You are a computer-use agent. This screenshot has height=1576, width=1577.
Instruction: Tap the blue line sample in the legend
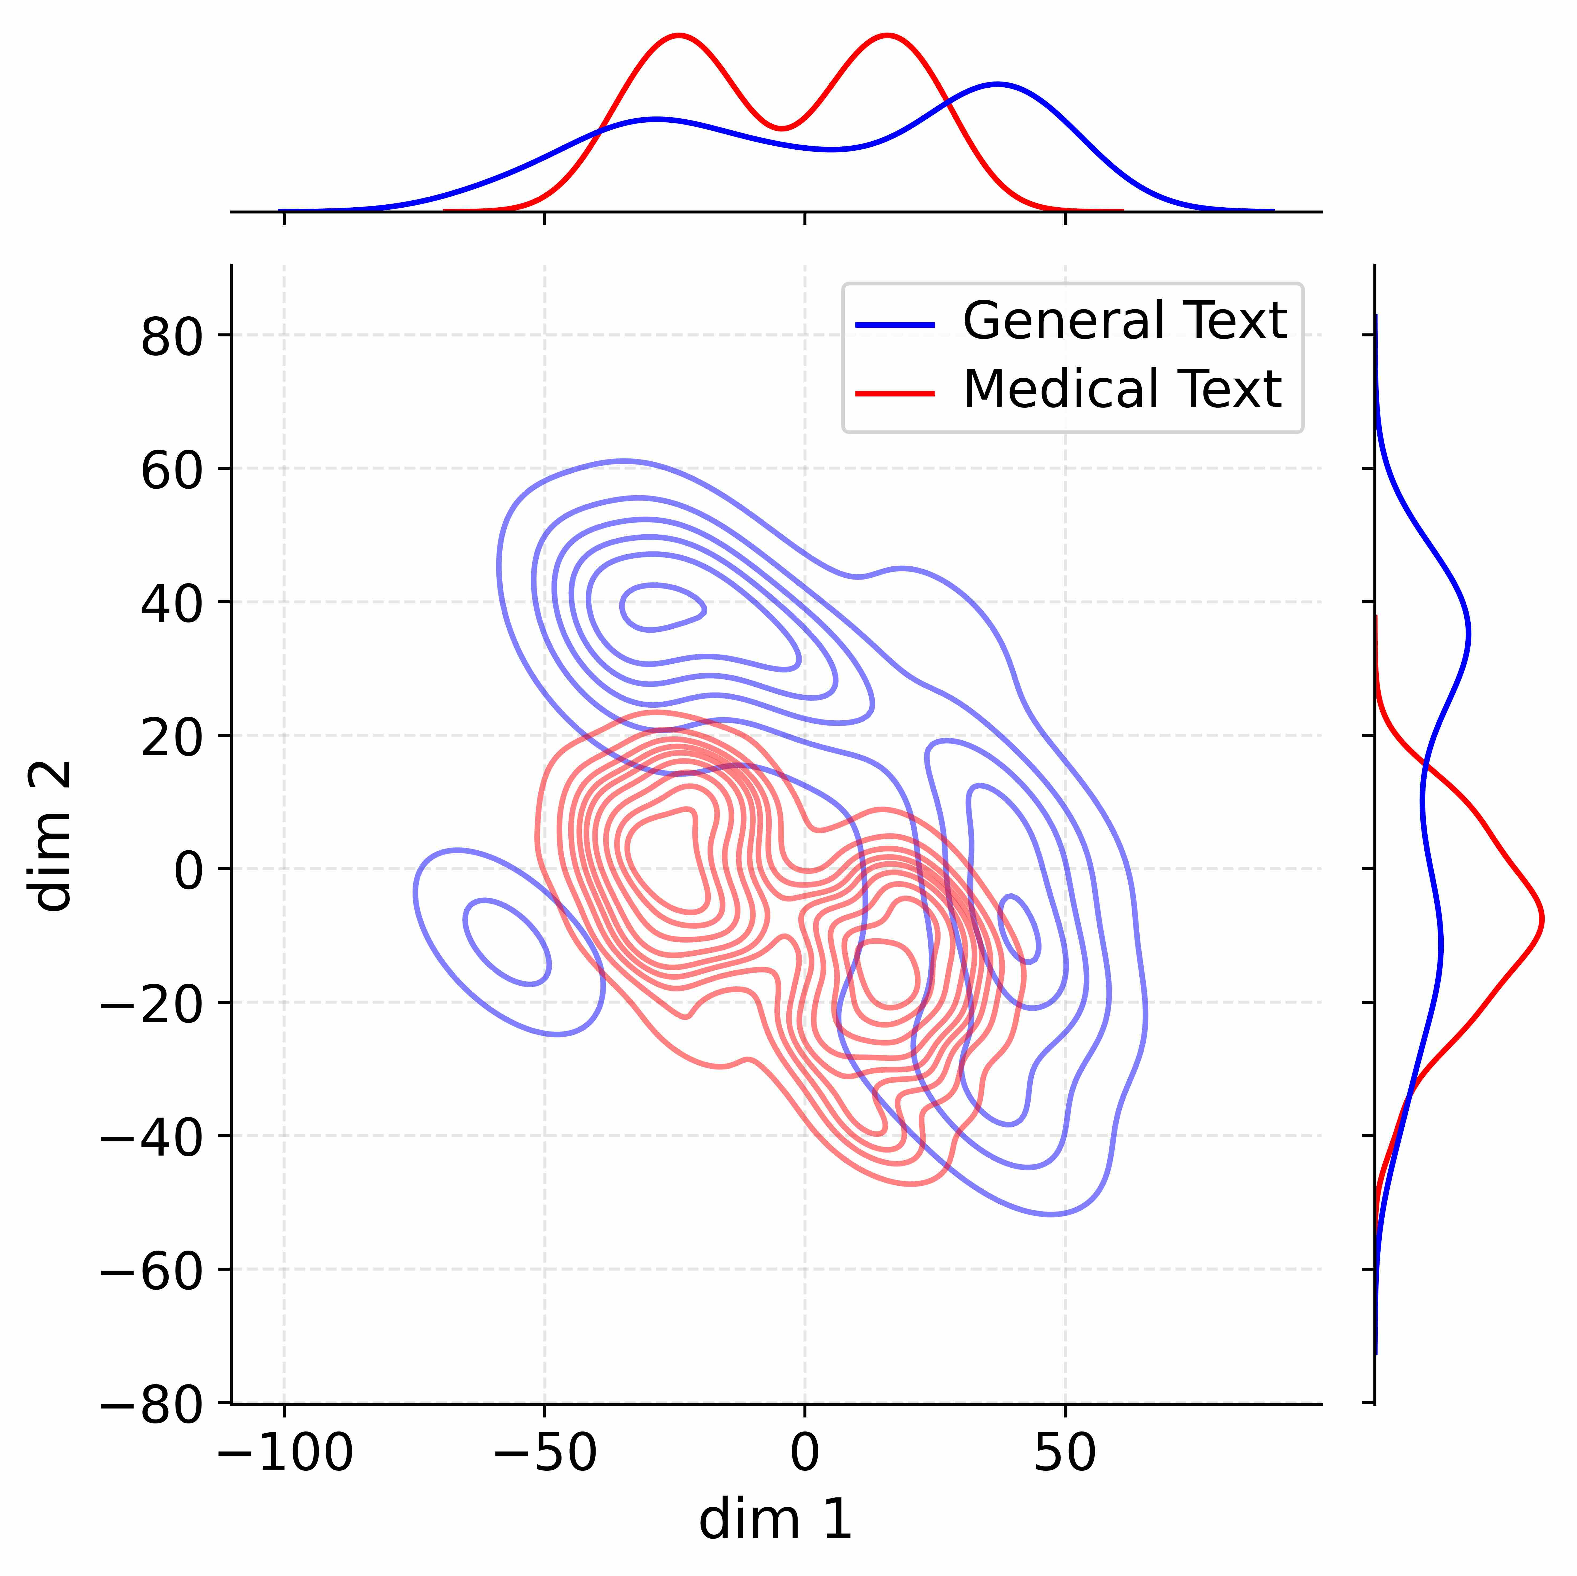[895, 325]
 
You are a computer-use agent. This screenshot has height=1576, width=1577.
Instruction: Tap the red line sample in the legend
[895, 393]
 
